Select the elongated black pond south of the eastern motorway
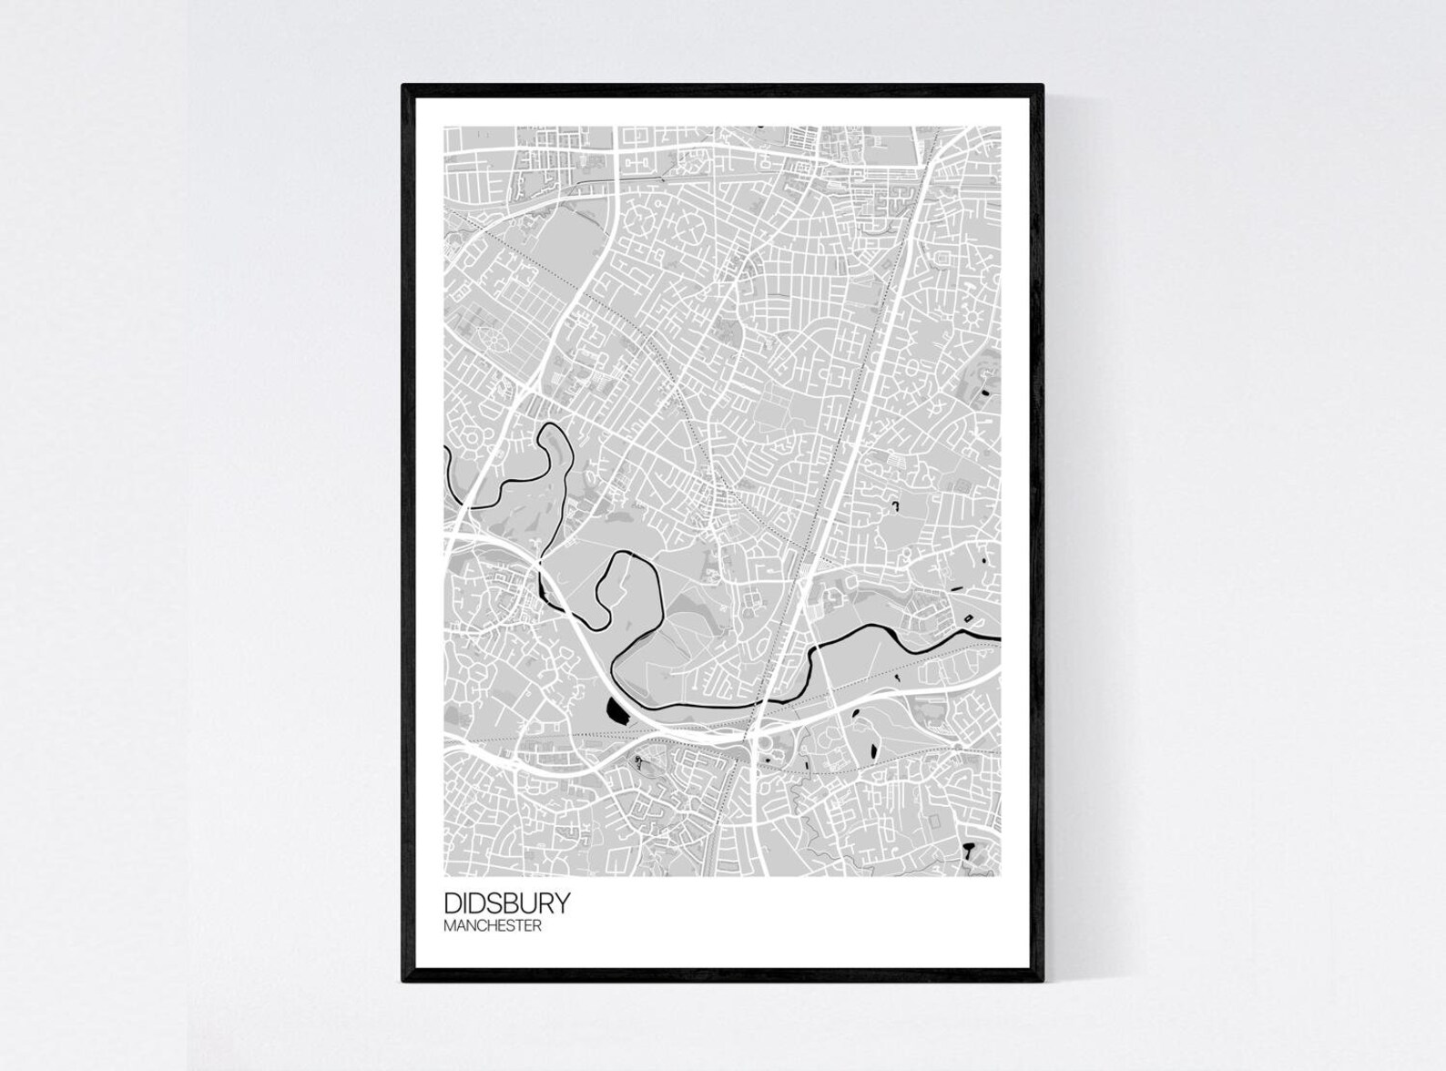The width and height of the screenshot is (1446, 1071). click(x=871, y=750)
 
